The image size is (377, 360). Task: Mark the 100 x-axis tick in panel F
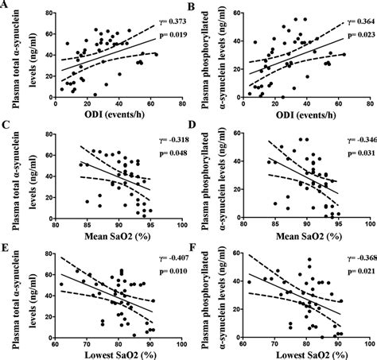pyautogui.click(x=367, y=341)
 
